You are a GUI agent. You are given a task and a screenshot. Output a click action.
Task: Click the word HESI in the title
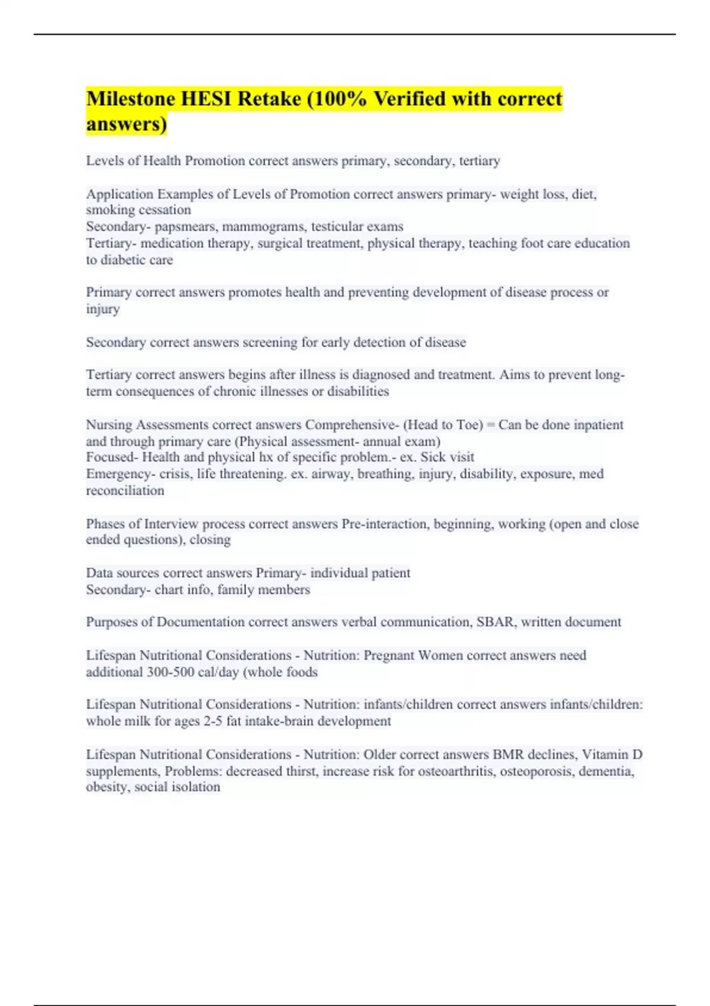click(x=206, y=99)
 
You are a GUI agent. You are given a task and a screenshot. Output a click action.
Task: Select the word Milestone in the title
click(x=130, y=99)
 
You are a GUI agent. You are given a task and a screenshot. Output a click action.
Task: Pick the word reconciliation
click(x=125, y=491)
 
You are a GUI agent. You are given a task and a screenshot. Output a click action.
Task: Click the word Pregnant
click(x=389, y=656)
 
